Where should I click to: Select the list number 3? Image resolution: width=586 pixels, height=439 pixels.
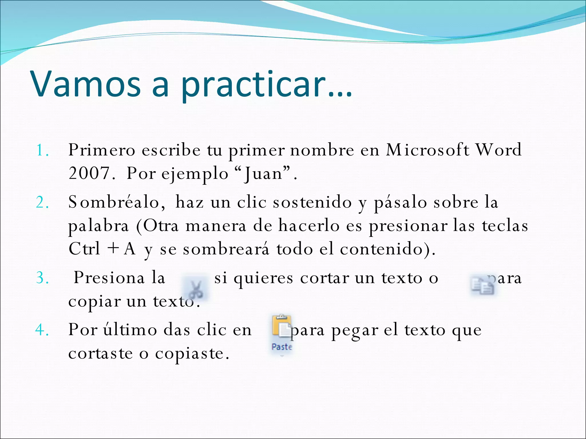pyautogui.click(x=42, y=278)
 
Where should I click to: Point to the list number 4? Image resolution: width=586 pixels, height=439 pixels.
pyautogui.click(x=42, y=330)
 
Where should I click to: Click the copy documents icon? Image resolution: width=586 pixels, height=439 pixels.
pyautogui.click(x=483, y=286)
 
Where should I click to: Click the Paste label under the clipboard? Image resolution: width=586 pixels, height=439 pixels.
pyautogui.click(x=282, y=347)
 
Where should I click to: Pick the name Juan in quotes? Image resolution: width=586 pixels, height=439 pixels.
pyautogui.click(x=263, y=174)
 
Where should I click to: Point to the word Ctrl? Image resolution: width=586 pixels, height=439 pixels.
pyautogui.click(x=84, y=248)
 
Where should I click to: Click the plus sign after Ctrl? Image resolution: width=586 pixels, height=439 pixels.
pyautogui.click(x=113, y=248)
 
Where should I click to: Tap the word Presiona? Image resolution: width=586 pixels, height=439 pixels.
pyautogui.click(x=109, y=278)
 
